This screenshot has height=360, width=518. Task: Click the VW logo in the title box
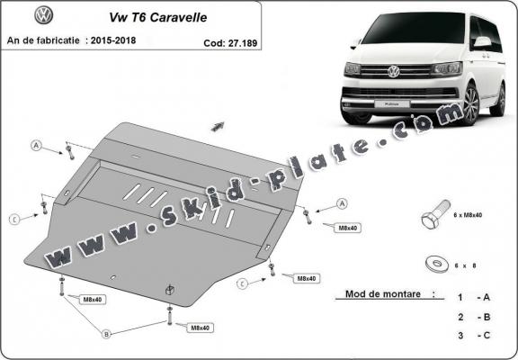click(x=43, y=15)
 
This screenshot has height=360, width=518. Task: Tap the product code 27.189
click(x=233, y=40)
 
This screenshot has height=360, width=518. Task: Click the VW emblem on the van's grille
click(x=393, y=71)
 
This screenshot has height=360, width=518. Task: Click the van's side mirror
click(x=482, y=42)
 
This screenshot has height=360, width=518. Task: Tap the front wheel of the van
click(x=469, y=108)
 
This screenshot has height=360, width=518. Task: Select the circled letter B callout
click(x=105, y=334)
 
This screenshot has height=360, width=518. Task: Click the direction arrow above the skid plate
click(x=217, y=123)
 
